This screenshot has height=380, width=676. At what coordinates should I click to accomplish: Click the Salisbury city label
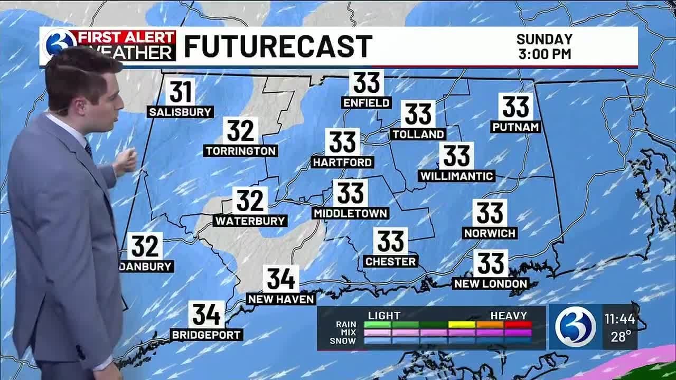coord(181,112)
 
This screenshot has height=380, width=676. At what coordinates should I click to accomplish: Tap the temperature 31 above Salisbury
coord(181,92)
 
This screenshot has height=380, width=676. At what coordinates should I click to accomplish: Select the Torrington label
coord(241,151)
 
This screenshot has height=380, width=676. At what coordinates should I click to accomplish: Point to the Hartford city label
coord(343,162)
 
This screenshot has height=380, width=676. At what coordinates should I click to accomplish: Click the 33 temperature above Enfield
coord(367,82)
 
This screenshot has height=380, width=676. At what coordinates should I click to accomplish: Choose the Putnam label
coord(515,127)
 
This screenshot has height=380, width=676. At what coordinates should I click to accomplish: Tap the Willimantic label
coord(456,176)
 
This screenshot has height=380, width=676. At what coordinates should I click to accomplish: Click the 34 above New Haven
coord(281,279)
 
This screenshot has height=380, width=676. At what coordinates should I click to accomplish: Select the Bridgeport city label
coord(206,335)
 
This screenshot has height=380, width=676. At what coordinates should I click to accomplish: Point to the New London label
coord(491,283)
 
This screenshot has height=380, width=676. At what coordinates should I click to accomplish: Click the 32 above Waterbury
coord(250,201)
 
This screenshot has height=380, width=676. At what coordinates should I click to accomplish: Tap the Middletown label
coord(351,213)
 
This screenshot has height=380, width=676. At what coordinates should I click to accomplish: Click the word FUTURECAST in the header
coord(278,46)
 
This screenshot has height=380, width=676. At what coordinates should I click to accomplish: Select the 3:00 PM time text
coord(544,54)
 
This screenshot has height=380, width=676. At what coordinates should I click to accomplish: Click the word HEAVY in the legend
coord(509,316)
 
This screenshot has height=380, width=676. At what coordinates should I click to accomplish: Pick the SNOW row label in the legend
coord(343,341)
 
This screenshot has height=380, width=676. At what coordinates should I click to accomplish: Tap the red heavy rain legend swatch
coord(518,324)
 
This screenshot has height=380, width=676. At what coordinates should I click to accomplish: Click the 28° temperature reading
coord(622,337)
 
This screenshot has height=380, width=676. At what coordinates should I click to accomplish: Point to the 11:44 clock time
coord(619,319)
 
